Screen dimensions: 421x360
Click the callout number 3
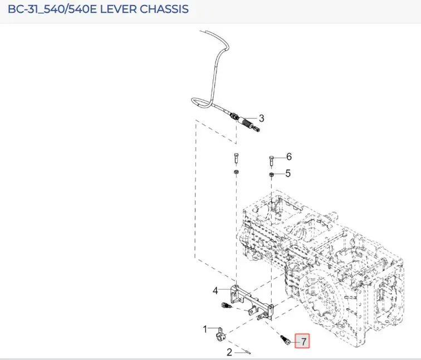pos(262,118)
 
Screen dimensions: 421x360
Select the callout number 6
pos(289,157)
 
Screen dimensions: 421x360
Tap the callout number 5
pos(288,173)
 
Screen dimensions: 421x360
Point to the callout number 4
pos(216,290)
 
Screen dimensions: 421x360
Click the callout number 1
pos(205,329)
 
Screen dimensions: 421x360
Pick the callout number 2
pos(229,352)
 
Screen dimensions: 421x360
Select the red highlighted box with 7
pos(302,341)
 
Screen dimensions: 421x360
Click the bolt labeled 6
pos(271,160)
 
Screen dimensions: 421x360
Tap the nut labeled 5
pos(271,175)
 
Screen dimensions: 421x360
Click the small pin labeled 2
pos(247,352)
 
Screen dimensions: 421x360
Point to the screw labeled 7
pos(285,340)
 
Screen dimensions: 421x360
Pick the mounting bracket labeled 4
pos(251,302)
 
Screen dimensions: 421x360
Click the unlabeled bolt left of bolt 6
pos(236,158)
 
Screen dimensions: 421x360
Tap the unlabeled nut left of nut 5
pos(236,172)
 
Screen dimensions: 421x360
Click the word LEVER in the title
pos(118,9)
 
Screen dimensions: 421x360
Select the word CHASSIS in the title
pos(164,9)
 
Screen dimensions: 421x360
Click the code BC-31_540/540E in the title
pos(52,9)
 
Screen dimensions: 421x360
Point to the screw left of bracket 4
pos(225,305)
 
